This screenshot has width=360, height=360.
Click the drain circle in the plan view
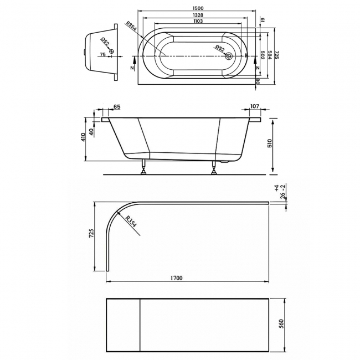[x=228, y=55]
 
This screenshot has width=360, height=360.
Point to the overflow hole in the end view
[x=112, y=52]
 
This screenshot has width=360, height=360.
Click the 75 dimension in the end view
[x=101, y=55]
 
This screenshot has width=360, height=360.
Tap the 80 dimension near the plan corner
[x=259, y=81]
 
